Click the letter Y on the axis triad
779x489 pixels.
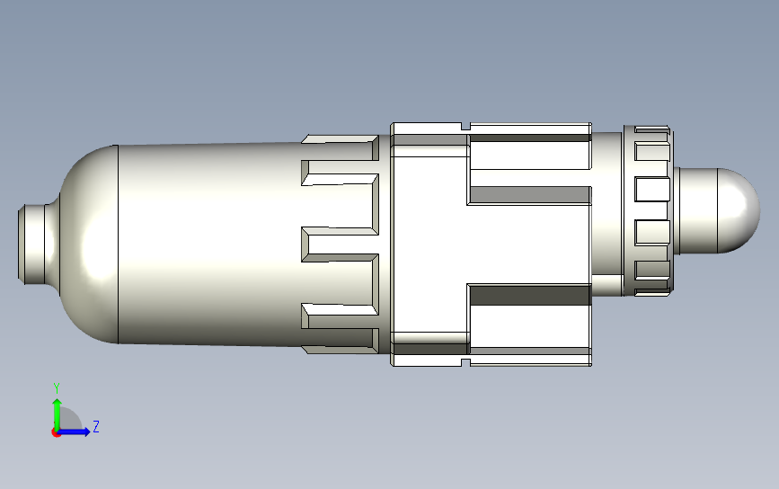coord(56,387)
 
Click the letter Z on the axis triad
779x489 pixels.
coord(95,427)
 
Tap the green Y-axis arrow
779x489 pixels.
coord(56,409)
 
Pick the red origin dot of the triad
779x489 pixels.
coord(56,432)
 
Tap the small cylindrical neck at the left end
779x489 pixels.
coord(34,244)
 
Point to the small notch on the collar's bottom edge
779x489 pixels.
coord(465,361)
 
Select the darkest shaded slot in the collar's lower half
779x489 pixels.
coord(529,295)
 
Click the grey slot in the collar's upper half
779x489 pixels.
coord(529,195)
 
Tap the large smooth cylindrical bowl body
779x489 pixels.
coord(207,243)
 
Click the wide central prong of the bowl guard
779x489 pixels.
coord(340,244)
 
